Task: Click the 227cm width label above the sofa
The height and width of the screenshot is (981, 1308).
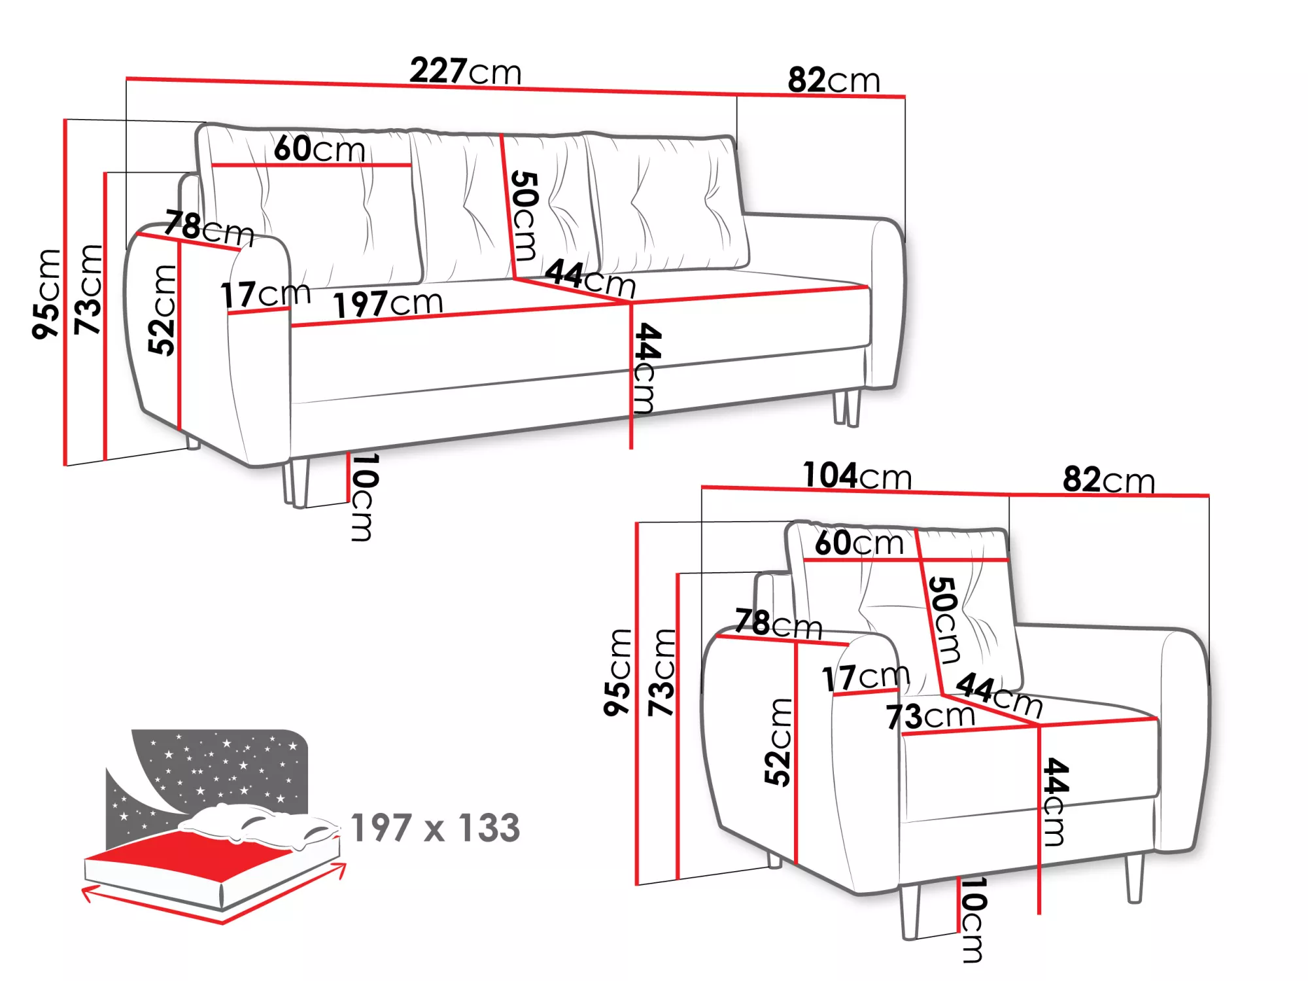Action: click(x=466, y=71)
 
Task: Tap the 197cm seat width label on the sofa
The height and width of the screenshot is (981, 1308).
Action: click(x=388, y=303)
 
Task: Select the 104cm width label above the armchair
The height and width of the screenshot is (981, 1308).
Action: click(x=857, y=475)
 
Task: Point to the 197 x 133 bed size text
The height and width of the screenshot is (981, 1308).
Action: click(x=436, y=828)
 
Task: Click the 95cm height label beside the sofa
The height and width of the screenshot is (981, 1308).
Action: click(x=46, y=294)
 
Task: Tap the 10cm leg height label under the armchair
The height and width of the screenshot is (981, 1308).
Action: click(x=972, y=920)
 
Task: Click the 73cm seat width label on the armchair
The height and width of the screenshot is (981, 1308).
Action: click(x=930, y=716)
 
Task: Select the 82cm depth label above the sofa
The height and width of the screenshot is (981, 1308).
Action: click(x=834, y=80)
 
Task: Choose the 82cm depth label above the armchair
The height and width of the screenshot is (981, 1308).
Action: click(x=1109, y=479)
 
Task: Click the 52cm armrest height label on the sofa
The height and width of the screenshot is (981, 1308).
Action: click(x=162, y=310)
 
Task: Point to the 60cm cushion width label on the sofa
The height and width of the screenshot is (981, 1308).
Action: click(x=319, y=148)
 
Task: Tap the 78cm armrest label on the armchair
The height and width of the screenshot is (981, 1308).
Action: click(x=778, y=623)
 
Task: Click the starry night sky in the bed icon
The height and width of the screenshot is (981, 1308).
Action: click(x=216, y=768)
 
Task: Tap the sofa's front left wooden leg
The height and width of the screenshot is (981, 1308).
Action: click(x=296, y=483)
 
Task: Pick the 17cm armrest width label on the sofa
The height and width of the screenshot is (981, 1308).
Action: click(x=266, y=294)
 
